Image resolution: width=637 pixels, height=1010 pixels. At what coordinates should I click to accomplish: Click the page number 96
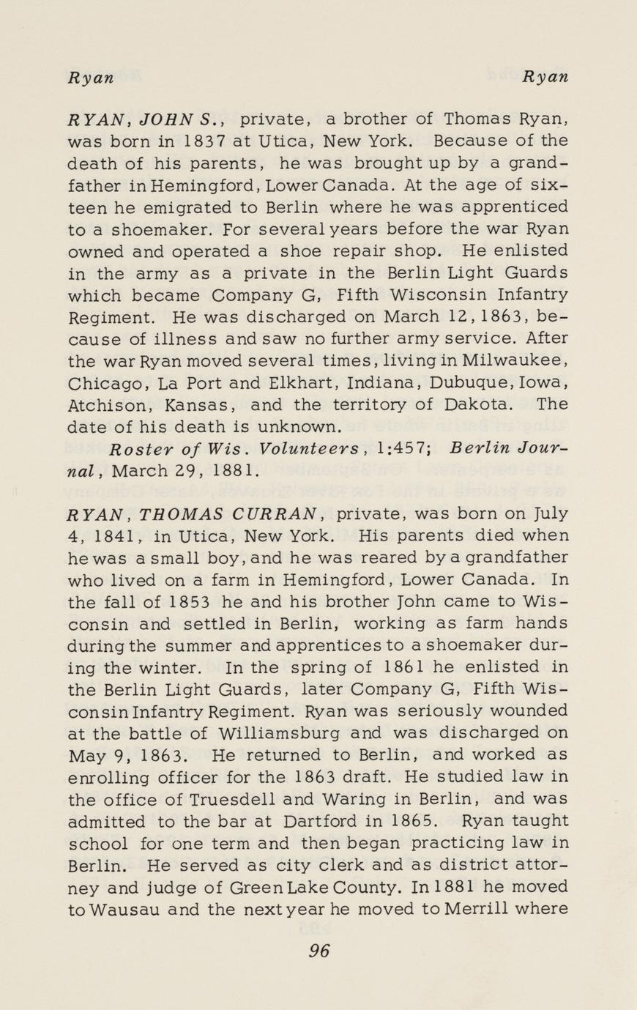[319, 951]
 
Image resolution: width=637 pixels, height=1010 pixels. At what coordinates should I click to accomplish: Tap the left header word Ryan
[91, 78]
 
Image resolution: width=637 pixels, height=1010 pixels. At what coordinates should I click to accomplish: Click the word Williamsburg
[267, 732]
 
